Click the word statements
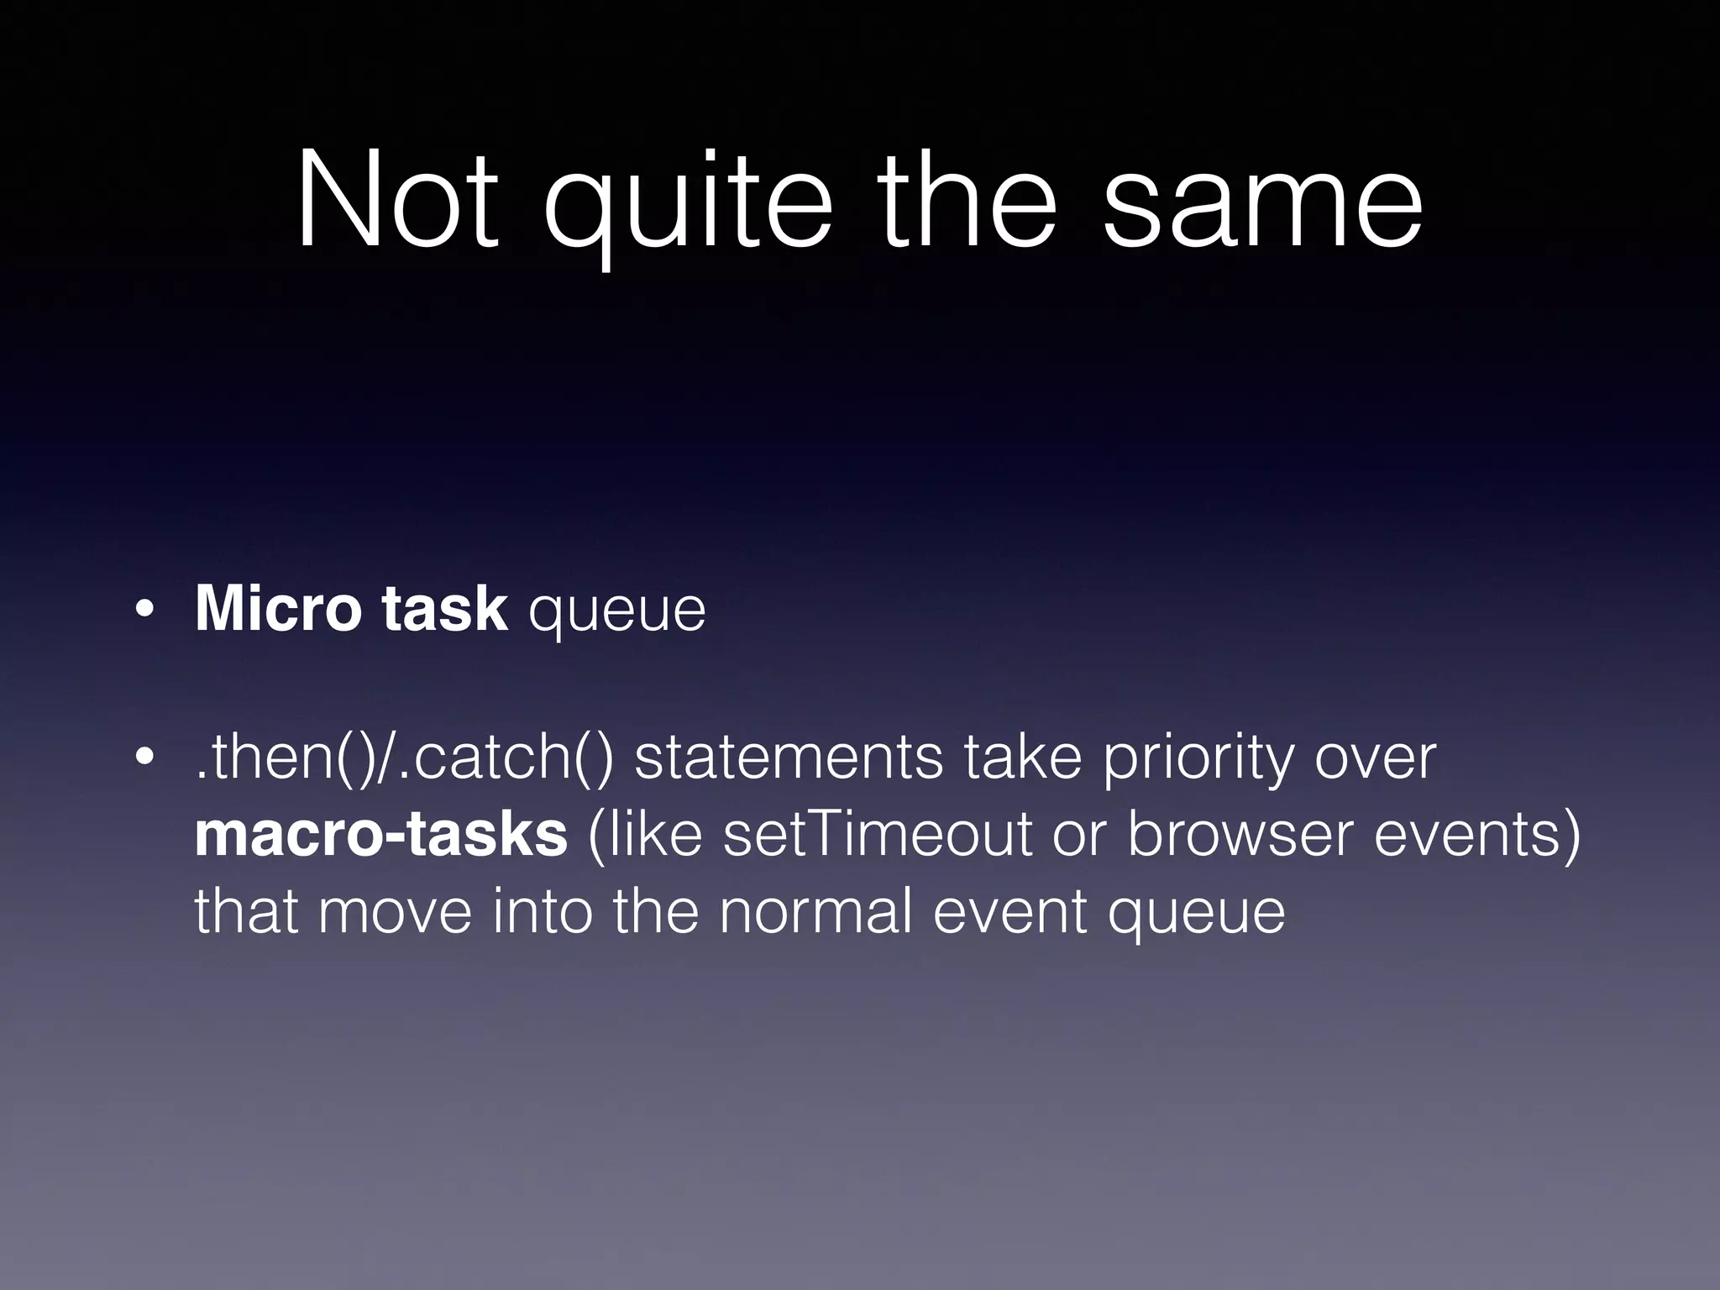(788, 757)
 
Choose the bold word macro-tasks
(380, 834)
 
